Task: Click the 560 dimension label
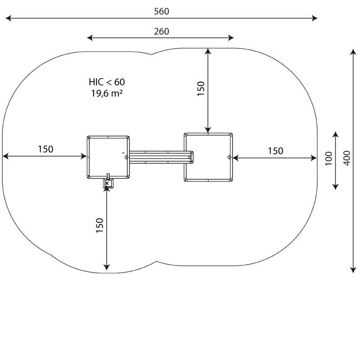click(x=162, y=12)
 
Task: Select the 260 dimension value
click(x=162, y=31)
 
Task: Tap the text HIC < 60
click(x=107, y=82)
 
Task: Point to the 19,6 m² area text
click(x=107, y=94)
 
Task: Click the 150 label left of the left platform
click(x=45, y=149)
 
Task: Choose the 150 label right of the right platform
click(x=275, y=151)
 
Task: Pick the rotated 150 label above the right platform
click(x=201, y=89)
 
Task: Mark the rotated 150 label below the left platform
click(x=99, y=225)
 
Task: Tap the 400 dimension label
click(x=346, y=158)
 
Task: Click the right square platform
click(x=208, y=157)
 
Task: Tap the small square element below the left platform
click(x=108, y=183)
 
